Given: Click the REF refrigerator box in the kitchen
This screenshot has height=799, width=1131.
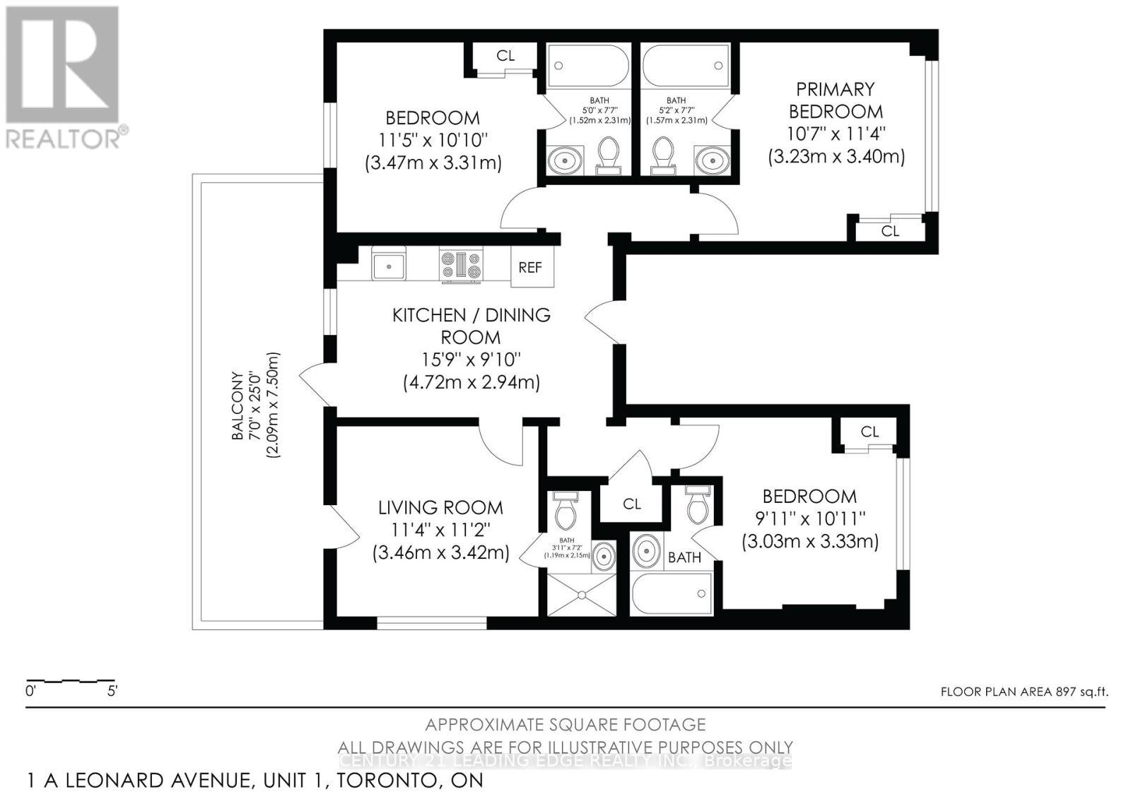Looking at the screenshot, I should pos(531,267).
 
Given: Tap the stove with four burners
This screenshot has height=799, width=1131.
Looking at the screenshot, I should pos(461,266).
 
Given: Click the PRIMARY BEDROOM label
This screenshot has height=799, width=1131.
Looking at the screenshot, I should pos(836,100).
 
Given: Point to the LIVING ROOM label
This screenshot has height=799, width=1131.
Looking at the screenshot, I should pos(440,507).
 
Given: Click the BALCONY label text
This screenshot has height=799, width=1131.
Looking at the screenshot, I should pos(238,407).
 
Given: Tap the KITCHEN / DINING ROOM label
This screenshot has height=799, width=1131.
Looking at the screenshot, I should pos(471,326).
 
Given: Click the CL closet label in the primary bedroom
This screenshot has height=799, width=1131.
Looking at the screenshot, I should pos(890,231).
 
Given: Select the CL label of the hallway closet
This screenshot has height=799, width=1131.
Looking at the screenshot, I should pos(632,504).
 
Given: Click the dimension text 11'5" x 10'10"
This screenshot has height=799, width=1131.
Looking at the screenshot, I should pos(433,140).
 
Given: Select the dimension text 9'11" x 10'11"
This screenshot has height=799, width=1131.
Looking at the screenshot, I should pos(810,519).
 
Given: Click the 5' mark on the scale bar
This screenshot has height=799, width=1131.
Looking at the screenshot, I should pos(112,691).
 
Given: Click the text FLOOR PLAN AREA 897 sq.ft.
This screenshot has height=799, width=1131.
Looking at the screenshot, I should pos(1024,692).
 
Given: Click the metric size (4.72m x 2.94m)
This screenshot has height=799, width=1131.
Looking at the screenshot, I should pos(471,382).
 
